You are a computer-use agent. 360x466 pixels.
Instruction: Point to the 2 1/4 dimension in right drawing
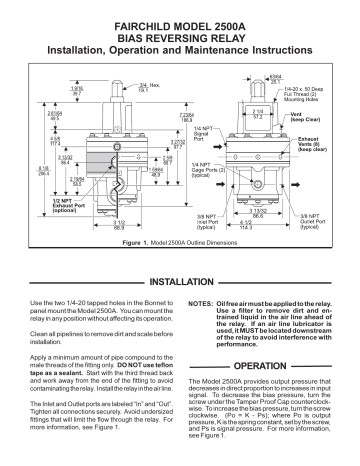(257, 113)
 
